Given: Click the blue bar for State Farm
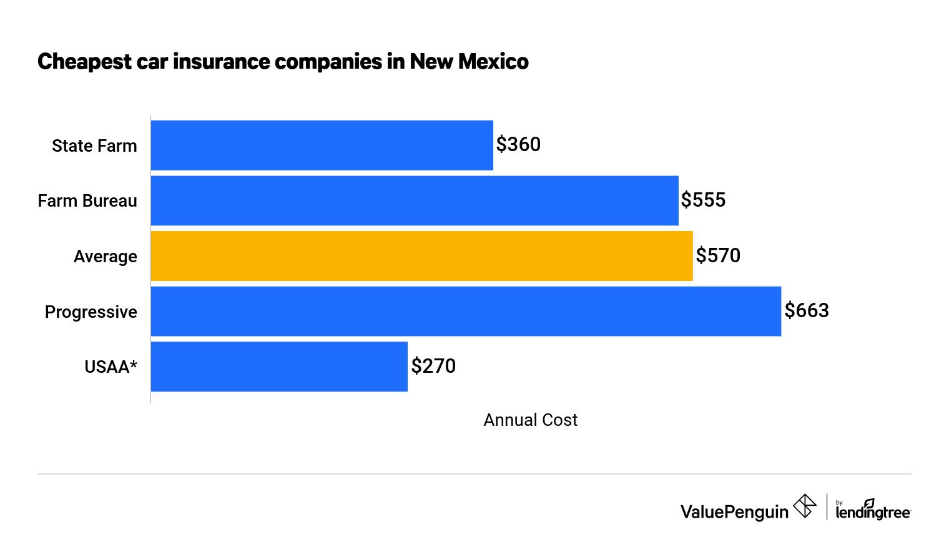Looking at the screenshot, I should point(322,145).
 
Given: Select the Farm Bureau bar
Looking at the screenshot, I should point(415,200).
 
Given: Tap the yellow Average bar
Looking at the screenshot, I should point(421,256).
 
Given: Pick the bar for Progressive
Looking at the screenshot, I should point(466,311).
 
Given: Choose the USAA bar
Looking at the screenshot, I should point(279,367).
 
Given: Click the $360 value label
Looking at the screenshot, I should point(518,144).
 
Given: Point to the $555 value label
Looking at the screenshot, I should point(703,200).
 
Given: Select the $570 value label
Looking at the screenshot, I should point(718,255).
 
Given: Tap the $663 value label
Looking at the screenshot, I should point(807,310).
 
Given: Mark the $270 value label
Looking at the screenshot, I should point(433,366).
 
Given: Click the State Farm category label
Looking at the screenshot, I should point(94,145).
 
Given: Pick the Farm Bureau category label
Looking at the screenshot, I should point(87,200).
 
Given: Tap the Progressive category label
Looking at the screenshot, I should point(91,312).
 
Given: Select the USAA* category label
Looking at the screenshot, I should point(111,367).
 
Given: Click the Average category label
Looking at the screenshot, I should point(106,256).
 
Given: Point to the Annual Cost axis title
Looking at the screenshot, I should point(530,420).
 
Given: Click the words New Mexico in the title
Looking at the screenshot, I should point(469,61).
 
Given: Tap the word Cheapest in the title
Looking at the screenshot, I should point(85,61).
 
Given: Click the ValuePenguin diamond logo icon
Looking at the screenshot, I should point(805,506).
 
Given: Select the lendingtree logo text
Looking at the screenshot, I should point(873,512).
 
